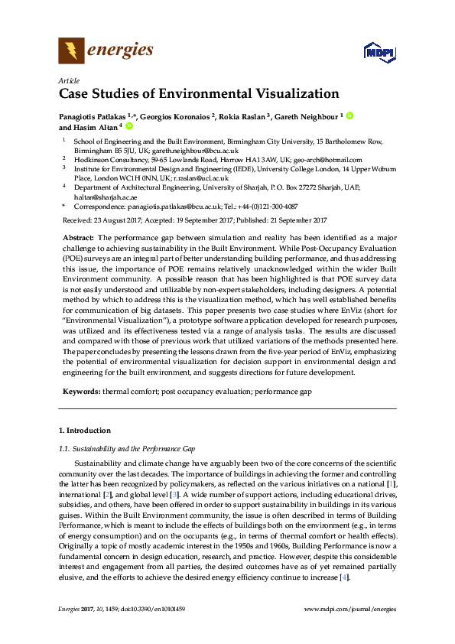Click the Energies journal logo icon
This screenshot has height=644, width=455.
click(x=72, y=52)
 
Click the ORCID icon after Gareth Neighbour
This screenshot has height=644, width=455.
click(x=349, y=115)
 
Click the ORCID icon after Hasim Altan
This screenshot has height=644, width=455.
click(x=129, y=127)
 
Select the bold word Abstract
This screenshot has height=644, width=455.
click(x=78, y=238)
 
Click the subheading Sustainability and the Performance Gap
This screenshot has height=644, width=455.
click(x=134, y=448)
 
